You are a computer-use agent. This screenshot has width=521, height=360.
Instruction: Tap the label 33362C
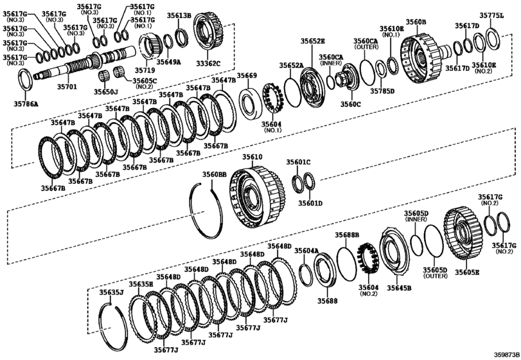coord(208,64)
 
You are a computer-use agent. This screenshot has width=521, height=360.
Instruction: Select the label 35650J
coord(105,92)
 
